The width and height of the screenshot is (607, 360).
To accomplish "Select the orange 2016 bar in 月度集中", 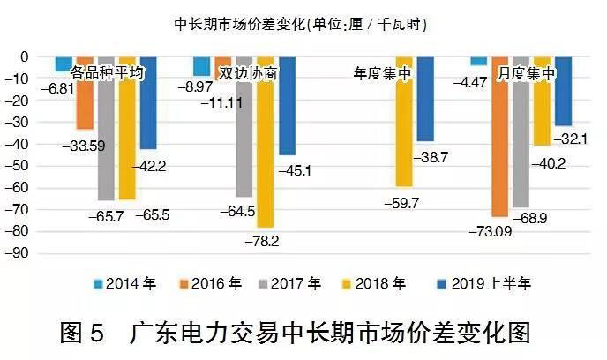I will click(x=498, y=137).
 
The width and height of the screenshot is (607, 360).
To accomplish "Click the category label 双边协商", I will click(x=248, y=74).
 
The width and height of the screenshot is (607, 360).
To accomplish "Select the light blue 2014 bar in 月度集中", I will click(x=478, y=61).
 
